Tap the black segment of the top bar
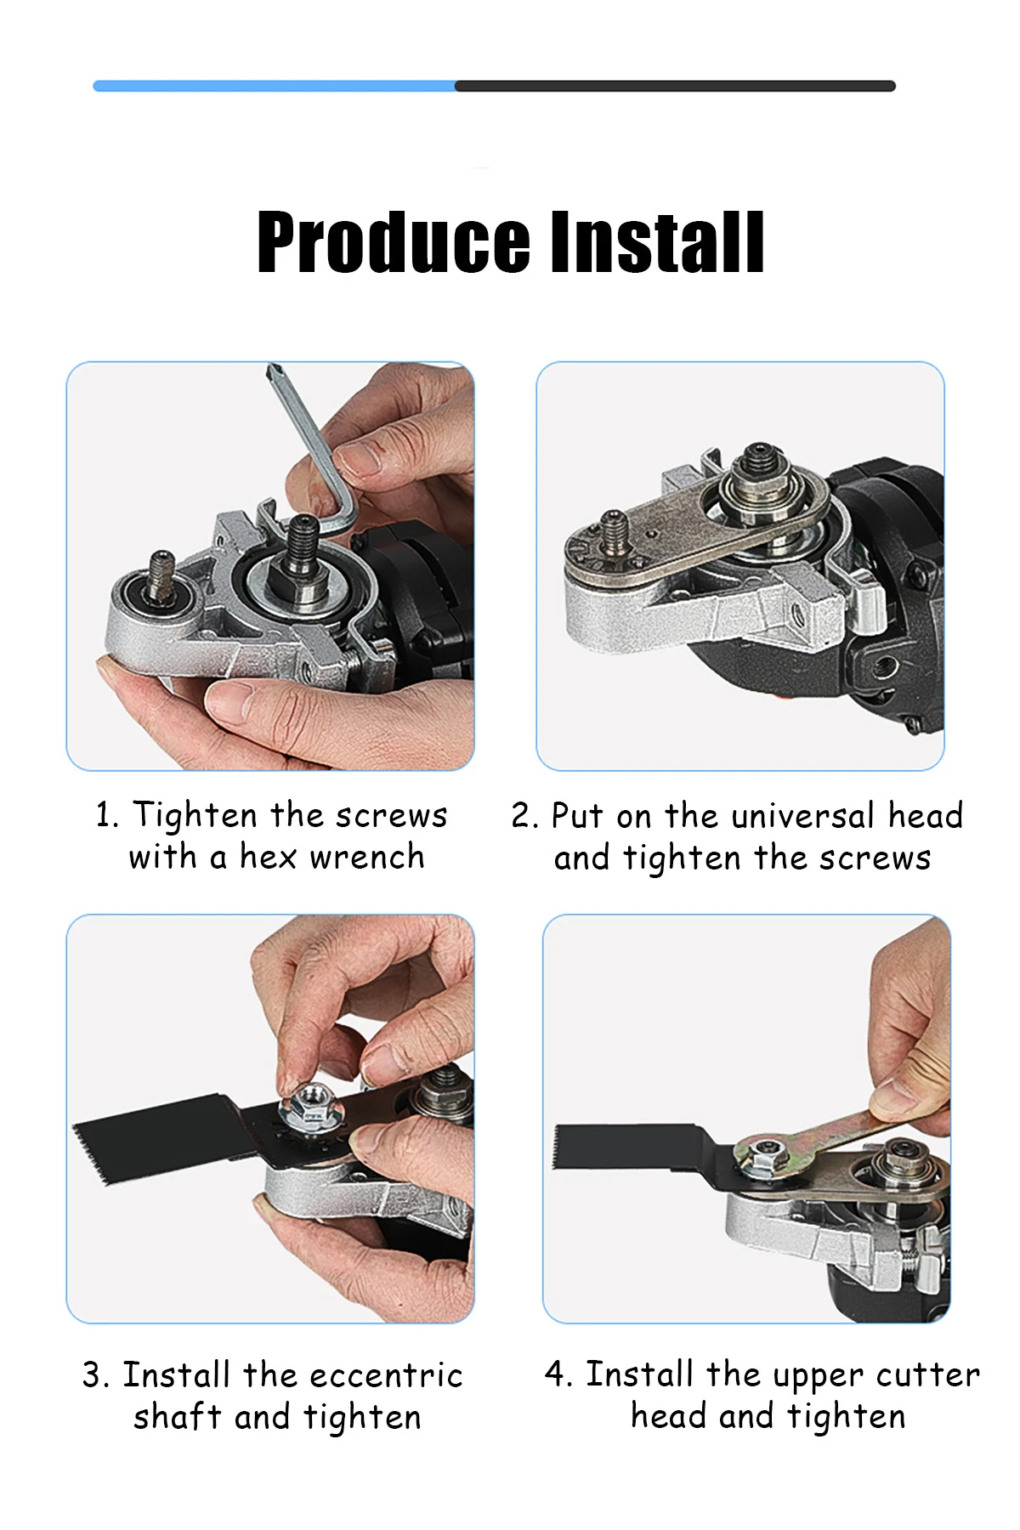(x=675, y=86)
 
